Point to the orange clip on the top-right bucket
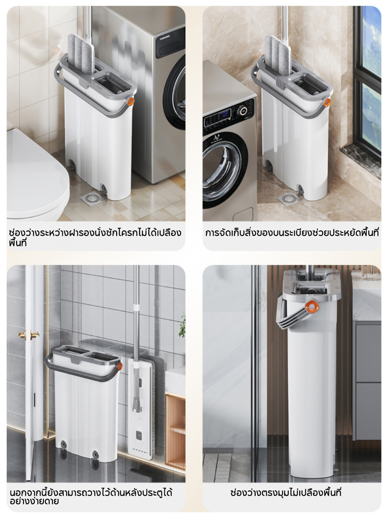(x=327, y=103)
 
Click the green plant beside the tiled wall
(x=182, y=326)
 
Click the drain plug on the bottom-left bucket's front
(x=96, y=455)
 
